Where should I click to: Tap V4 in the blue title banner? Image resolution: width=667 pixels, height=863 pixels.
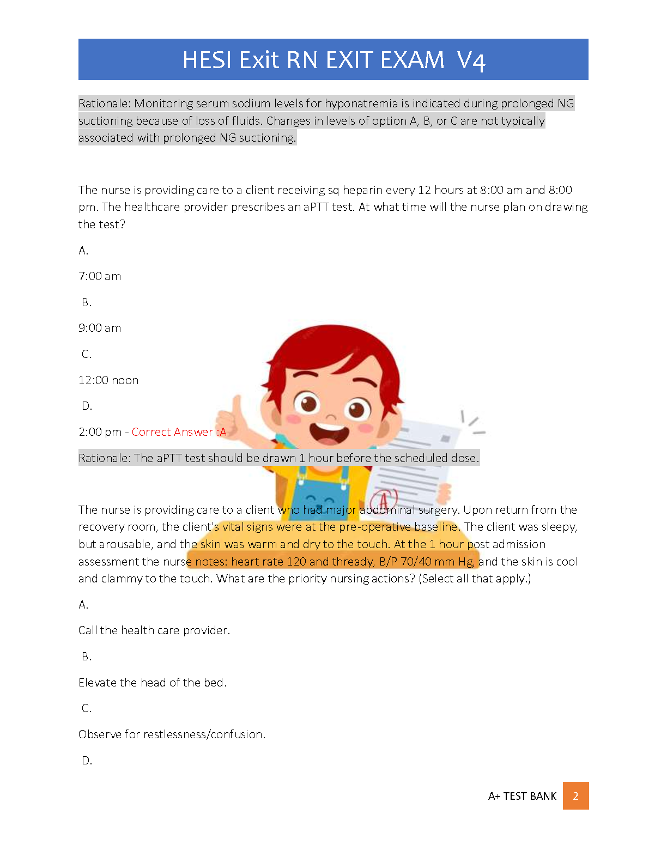471,60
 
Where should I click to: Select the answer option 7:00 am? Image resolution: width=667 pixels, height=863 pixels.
100,276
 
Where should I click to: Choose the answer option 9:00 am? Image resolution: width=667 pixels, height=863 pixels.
100,328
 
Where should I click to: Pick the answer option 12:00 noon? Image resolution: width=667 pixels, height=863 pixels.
108,380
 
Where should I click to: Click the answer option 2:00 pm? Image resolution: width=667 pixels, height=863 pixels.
100,432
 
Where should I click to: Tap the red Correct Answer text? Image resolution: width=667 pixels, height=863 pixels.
179,432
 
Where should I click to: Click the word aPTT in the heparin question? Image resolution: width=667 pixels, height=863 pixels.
316,207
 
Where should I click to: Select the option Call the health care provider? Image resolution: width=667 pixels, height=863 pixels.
154,630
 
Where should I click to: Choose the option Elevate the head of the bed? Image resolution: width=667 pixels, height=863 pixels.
153,683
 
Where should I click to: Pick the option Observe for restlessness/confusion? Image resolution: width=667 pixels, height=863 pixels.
172,734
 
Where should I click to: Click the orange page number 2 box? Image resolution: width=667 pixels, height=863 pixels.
575,796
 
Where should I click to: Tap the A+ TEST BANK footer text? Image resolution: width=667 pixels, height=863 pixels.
522,796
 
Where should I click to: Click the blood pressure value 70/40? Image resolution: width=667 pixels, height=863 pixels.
416,562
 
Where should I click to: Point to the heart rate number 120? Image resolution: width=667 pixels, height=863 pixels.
296,562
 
